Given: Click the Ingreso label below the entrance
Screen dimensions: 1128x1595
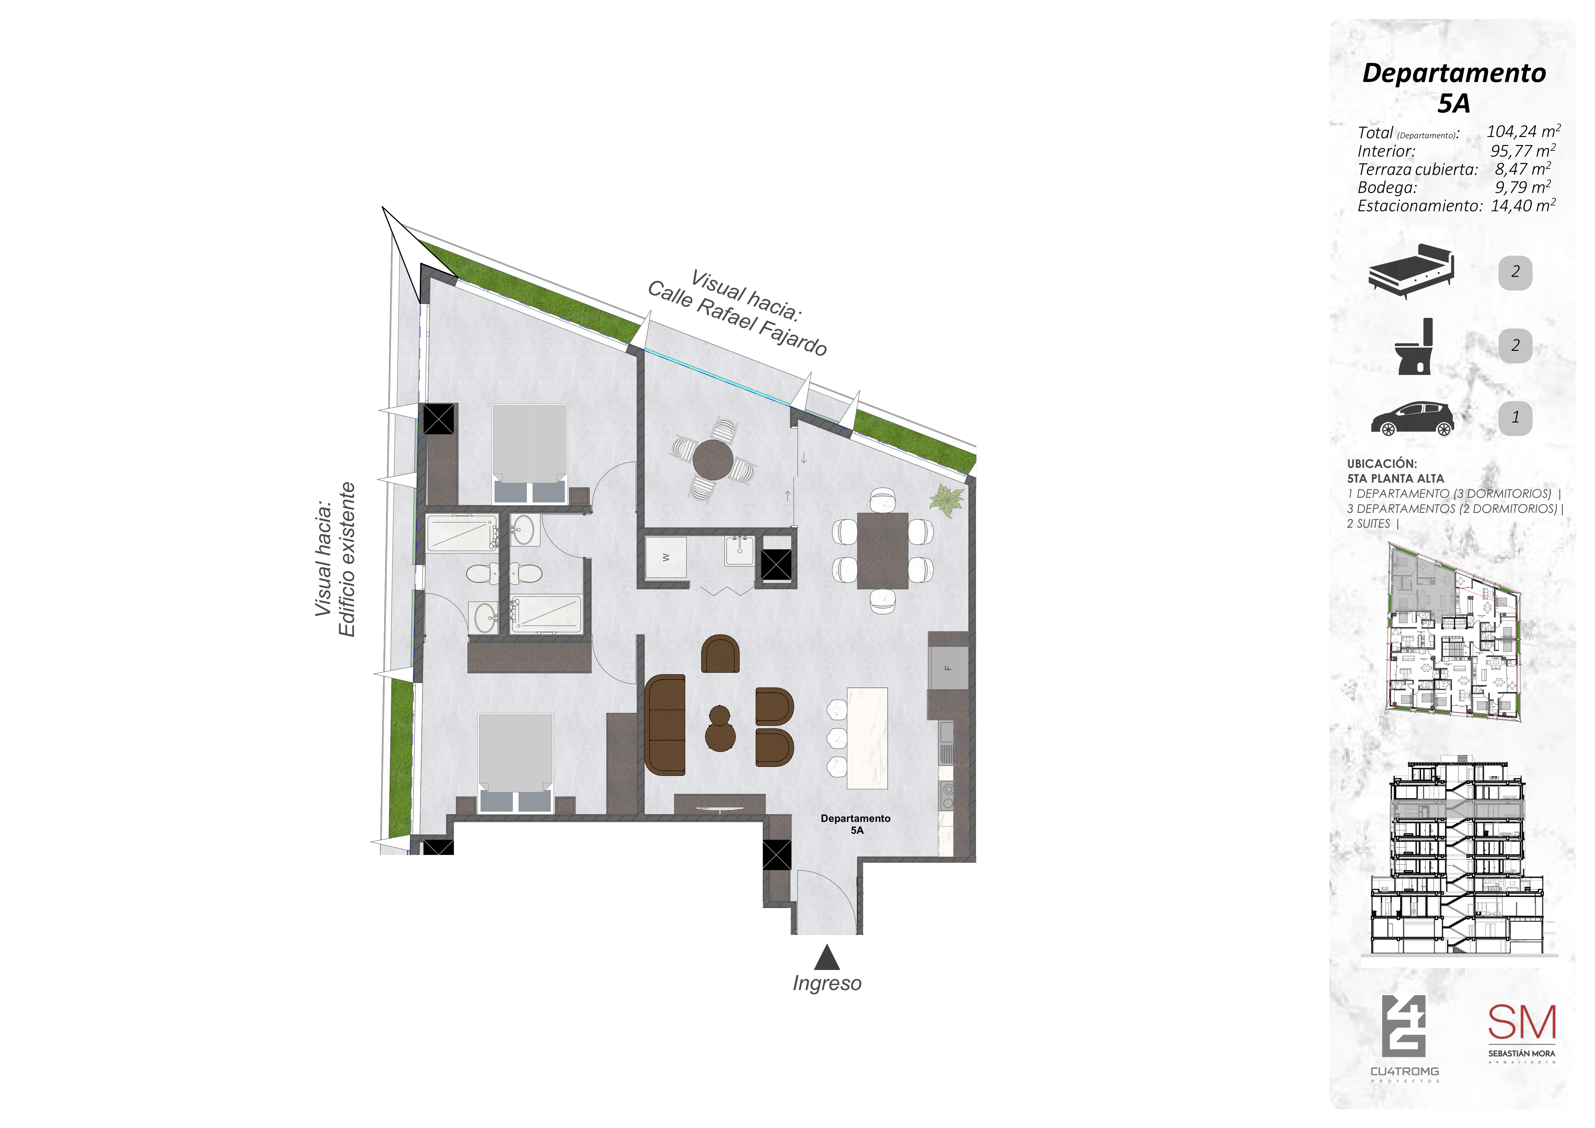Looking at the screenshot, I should (x=827, y=984).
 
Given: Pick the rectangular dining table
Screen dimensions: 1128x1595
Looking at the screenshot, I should (x=882, y=550).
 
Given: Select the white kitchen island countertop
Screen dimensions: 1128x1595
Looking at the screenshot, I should (x=867, y=738).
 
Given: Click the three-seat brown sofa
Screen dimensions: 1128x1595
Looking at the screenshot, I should (x=665, y=724).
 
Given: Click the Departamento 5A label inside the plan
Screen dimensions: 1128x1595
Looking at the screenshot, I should (x=856, y=824).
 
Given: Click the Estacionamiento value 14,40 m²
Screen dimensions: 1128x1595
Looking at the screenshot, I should (x=1523, y=205).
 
